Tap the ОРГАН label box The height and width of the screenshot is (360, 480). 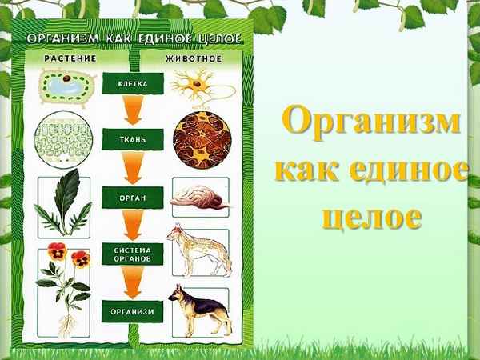(132, 196)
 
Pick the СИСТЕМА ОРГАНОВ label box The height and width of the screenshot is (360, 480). (132, 254)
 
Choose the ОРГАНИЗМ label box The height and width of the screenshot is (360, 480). (132, 310)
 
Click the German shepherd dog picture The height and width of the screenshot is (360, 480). (200, 311)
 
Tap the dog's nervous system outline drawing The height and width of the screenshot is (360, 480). (200, 252)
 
